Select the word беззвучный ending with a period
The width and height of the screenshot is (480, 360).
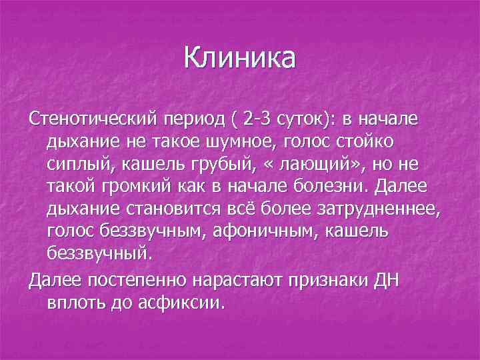pyautogui.click(x=100, y=254)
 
